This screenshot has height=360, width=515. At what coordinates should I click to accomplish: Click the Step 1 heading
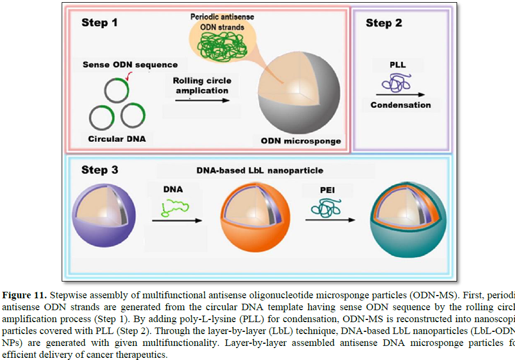100,23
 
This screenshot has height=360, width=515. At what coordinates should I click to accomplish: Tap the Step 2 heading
384,23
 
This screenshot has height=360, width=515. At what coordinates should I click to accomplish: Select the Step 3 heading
100,170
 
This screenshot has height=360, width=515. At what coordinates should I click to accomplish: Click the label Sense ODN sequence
130,65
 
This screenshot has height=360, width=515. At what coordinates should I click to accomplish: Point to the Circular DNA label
117,139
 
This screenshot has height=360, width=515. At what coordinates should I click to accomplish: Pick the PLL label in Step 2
397,65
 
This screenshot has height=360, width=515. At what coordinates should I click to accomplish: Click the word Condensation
400,105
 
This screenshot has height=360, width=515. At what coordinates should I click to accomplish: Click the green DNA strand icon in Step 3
176,208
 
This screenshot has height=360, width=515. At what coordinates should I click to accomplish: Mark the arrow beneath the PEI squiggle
330,220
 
